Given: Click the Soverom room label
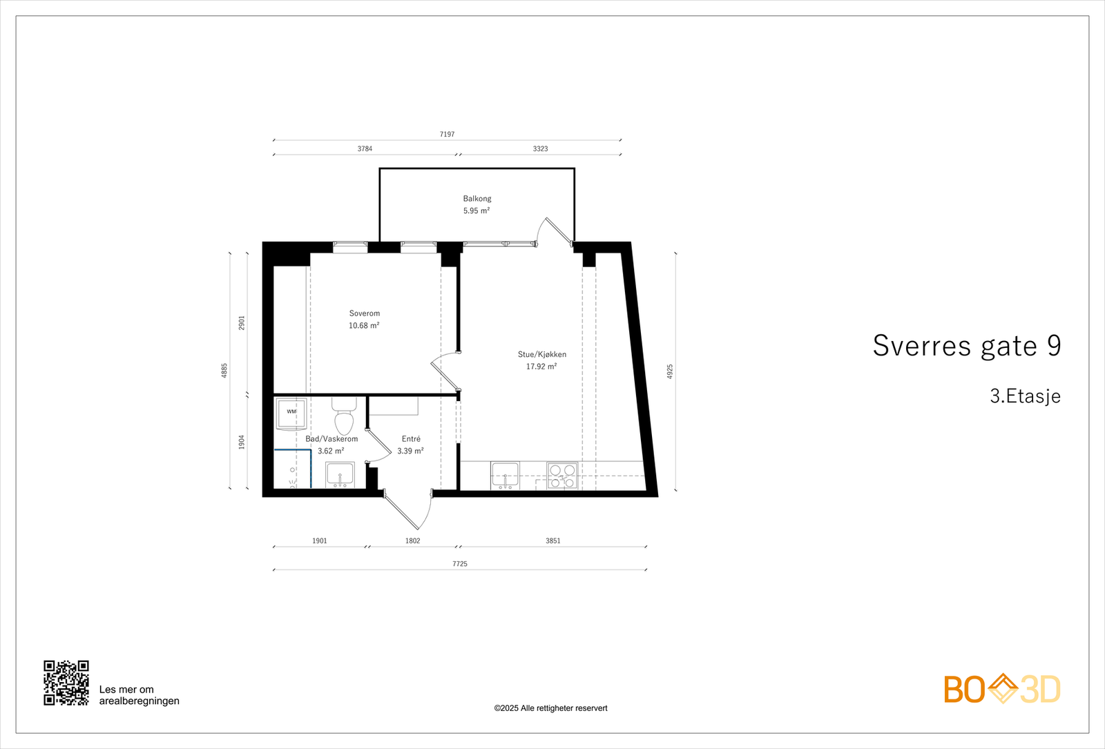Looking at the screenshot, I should click(x=364, y=313).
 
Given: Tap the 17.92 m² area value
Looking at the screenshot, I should click(x=541, y=367).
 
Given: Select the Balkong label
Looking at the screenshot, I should click(x=477, y=199).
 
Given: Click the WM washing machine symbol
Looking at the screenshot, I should click(x=291, y=412).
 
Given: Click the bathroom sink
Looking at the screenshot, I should click(x=340, y=475).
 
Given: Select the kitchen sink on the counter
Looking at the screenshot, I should click(x=505, y=476).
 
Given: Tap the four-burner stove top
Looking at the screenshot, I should click(x=562, y=476).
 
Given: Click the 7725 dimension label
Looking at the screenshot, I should click(x=459, y=564).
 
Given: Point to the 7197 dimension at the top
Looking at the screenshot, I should click(x=447, y=135).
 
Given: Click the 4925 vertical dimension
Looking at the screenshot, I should click(x=670, y=371).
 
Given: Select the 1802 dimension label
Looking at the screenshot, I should click(x=412, y=541).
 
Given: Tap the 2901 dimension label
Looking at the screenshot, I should click(x=242, y=322).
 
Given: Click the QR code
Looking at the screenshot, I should click(x=66, y=683).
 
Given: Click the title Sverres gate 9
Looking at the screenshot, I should click(x=966, y=346).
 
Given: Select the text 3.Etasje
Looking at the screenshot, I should click(x=1025, y=396).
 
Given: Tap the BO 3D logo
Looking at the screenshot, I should click(x=1001, y=689).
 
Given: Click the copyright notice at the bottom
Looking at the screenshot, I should click(x=550, y=708).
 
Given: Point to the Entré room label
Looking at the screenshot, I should click(x=411, y=439).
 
